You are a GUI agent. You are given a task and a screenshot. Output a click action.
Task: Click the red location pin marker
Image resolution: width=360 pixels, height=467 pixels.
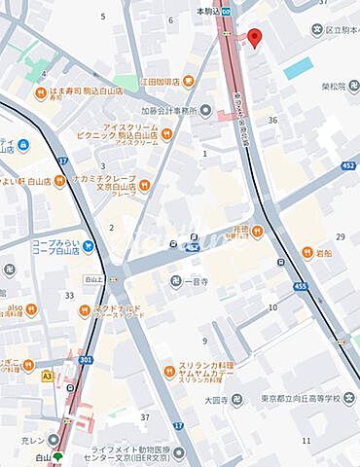(255, 37)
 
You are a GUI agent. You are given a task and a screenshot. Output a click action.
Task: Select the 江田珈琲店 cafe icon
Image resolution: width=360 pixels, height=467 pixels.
(187, 81)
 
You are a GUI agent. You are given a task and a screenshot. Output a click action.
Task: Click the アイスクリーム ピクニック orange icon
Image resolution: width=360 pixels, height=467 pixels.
(167, 132)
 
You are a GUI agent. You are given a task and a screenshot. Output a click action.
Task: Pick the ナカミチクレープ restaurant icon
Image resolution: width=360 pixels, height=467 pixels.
(145, 183)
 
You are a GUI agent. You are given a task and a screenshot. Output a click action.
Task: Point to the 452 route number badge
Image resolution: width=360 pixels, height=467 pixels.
(347, 166)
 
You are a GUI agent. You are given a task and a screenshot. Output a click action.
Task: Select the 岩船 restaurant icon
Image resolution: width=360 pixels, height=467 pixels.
(307, 254)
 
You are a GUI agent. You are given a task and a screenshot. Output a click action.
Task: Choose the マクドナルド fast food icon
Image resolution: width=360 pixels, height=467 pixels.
(86, 310)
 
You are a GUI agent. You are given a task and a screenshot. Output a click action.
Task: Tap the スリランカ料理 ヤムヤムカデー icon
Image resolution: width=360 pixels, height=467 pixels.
(167, 371)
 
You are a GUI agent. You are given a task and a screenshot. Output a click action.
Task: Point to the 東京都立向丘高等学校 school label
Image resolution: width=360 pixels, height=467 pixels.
(310, 397)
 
